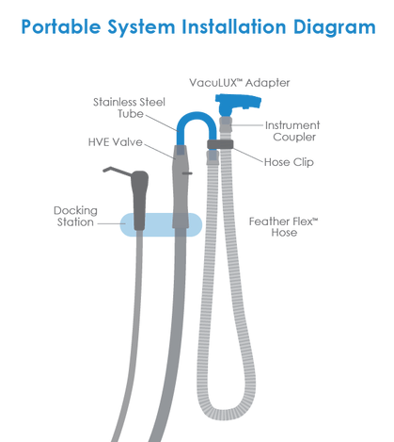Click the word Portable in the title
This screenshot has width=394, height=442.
pos(61,26)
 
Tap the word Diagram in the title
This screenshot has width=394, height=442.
pos(335,28)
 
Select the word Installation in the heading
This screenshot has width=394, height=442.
pos(234,26)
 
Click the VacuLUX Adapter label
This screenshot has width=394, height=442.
pos(240,83)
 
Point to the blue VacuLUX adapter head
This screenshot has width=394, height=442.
pos(238,103)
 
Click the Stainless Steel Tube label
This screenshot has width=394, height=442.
pos(129,107)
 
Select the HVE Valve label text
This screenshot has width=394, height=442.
pos(116,142)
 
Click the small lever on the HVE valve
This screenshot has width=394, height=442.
pos(188,173)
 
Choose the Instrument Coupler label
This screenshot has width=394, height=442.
pos(292,131)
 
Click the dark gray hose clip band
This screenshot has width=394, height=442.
pos(220,144)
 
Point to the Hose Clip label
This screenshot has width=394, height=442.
pos(289,162)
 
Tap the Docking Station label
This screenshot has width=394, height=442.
pos(75,216)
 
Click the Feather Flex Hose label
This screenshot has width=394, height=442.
pos(284,227)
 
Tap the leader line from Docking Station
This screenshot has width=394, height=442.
pos(112,223)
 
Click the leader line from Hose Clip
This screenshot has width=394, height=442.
pos(248,155)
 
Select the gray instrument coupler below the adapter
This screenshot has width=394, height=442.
pos(226,124)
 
